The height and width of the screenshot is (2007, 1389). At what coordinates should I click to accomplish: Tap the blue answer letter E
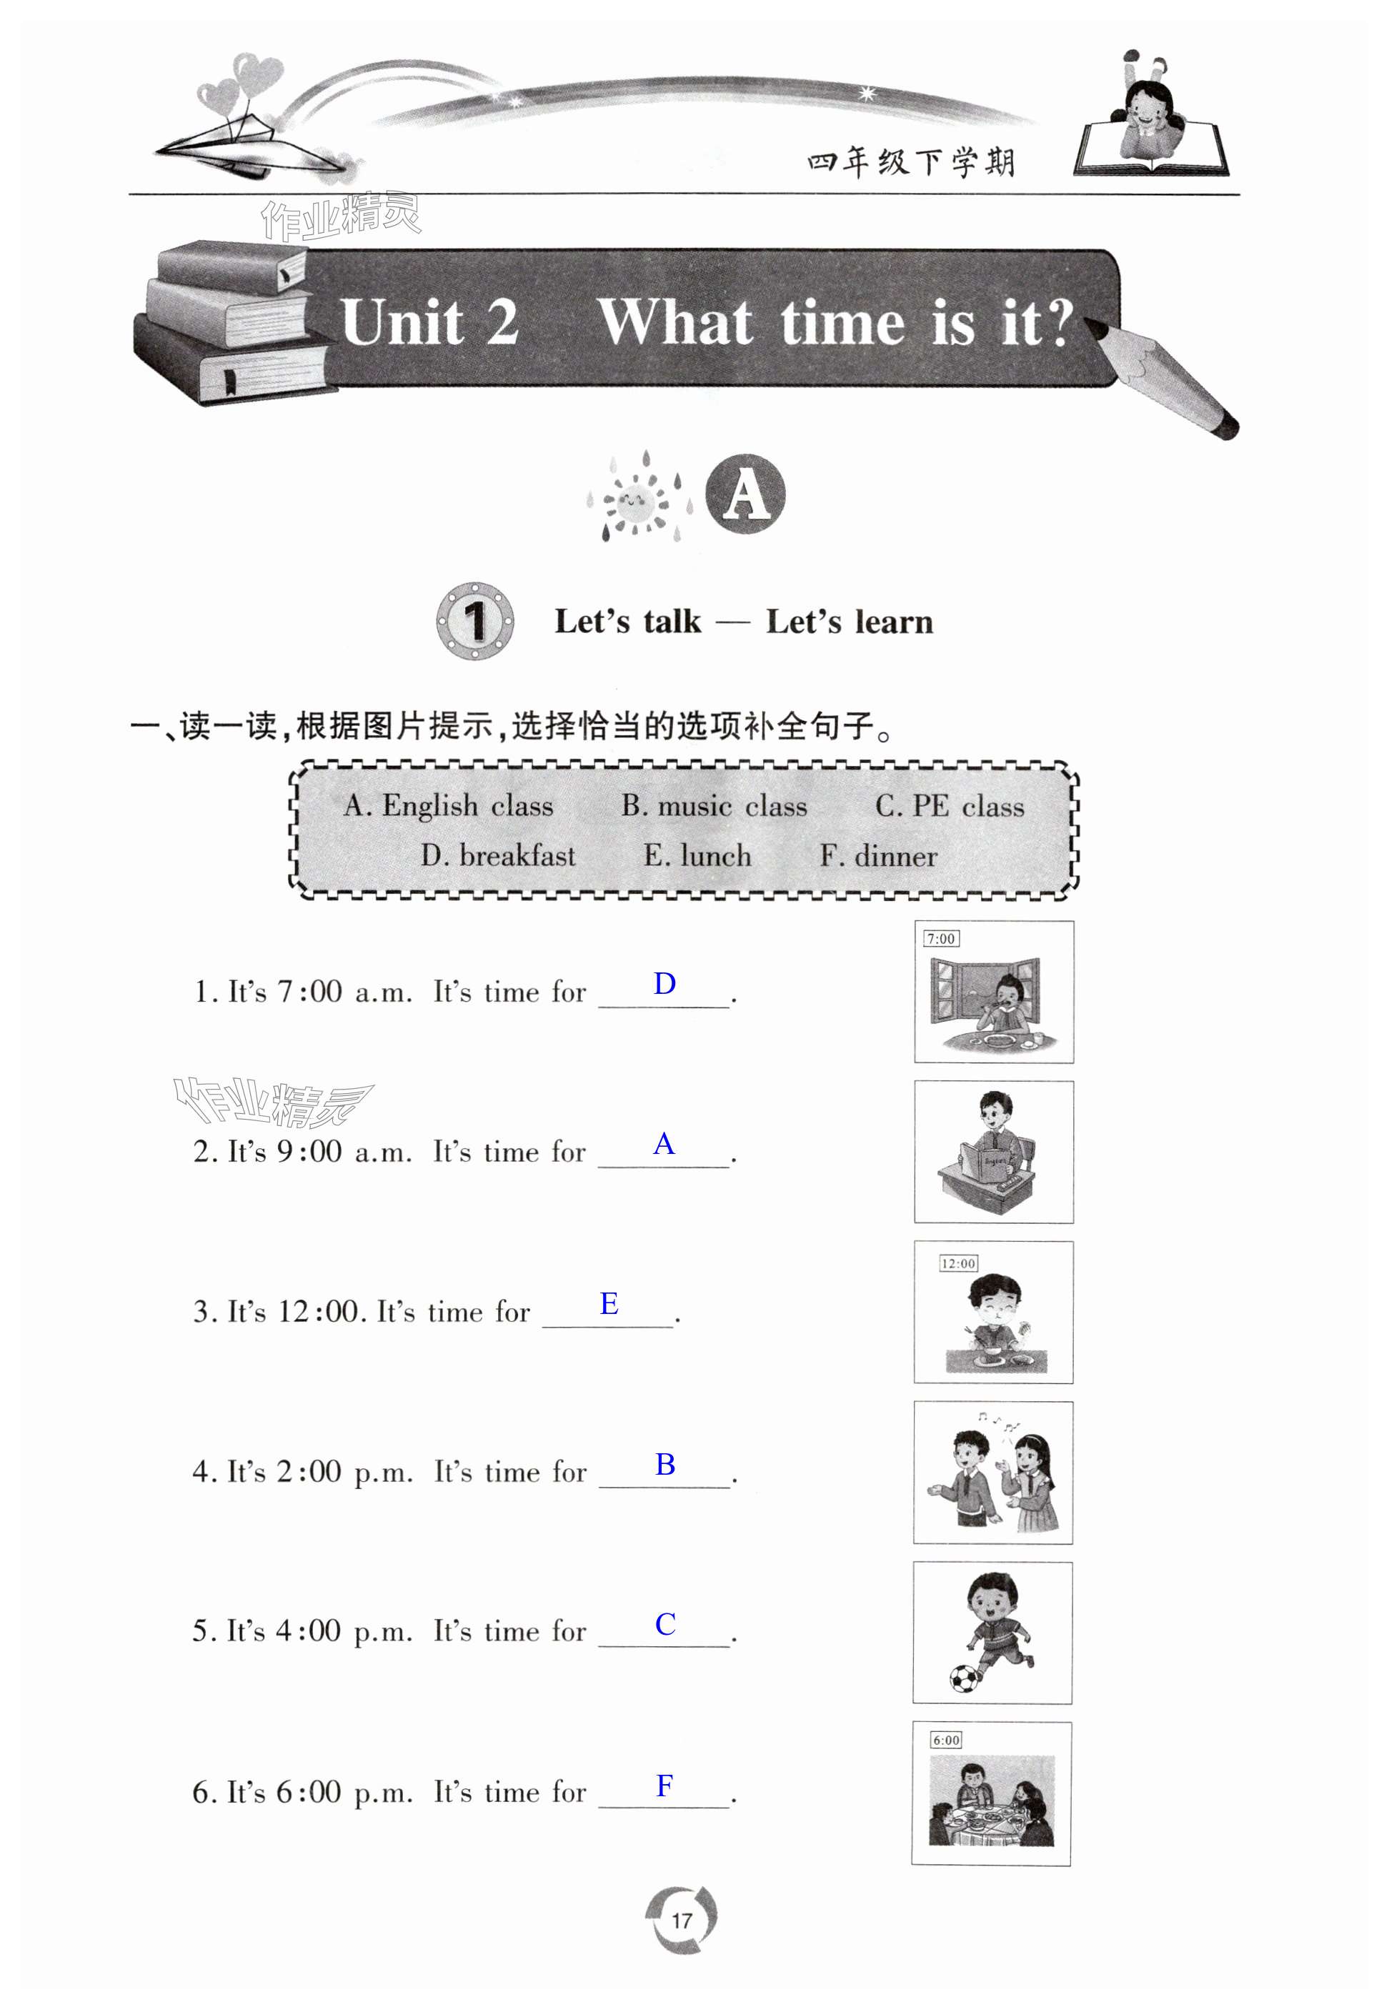[x=609, y=1303]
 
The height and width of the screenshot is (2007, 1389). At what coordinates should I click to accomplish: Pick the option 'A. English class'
[x=448, y=806]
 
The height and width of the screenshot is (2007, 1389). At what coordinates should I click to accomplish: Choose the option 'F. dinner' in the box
[x=878, y=857]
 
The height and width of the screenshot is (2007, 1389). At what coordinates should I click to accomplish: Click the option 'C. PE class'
[x=950, y=806]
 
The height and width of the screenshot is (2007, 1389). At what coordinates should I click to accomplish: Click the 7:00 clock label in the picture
[x=941, y=938]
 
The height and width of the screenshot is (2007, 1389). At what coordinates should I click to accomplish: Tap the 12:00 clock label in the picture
[x=958, y=1263]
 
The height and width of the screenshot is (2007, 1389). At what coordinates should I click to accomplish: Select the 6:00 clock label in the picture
[x=946, y=1740]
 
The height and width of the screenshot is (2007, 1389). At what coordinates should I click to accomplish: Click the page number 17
[x=682, y=1919]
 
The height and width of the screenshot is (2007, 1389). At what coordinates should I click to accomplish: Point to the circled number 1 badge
[x=474, y=621]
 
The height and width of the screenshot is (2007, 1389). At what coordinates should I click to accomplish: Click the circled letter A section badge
[x=745, y=494]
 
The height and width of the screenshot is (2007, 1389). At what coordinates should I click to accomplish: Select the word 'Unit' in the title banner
[x=403, y=322]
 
